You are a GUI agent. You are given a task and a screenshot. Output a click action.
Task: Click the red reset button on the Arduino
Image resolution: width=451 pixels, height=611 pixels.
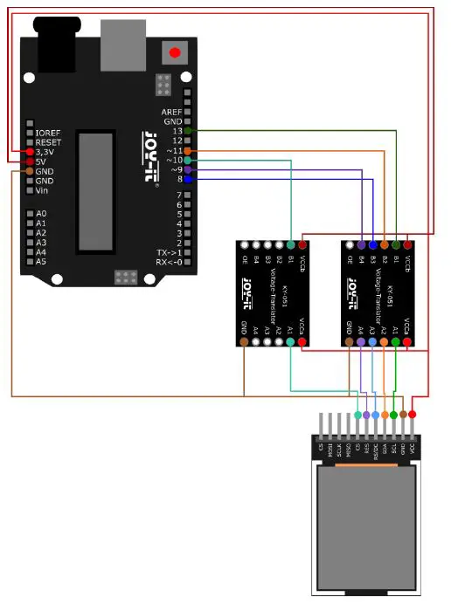175,52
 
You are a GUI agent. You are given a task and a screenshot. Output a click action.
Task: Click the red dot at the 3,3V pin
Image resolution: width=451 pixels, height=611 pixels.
30,152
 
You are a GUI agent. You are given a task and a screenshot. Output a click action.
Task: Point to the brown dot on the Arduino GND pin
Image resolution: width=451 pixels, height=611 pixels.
30,171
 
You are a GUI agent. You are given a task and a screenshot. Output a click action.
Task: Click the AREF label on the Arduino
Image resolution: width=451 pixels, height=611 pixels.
171,112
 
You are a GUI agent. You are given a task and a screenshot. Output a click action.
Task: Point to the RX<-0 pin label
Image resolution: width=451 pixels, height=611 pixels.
169,262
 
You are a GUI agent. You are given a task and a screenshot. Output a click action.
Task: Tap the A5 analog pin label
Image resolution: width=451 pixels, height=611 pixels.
41,261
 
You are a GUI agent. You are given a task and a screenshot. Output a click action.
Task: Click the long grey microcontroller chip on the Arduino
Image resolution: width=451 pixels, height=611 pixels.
94,189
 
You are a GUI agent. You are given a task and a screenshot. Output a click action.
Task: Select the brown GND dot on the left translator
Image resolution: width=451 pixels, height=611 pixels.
244,342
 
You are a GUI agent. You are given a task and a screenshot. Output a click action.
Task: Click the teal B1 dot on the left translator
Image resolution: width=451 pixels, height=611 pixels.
290,246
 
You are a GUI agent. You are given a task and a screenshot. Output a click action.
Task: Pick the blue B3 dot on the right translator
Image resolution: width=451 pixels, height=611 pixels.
373,246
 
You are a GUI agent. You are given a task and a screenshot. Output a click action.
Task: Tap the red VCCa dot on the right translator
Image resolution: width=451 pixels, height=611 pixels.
407,342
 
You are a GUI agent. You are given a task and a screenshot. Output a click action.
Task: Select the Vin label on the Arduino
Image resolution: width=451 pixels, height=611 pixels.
42,190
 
